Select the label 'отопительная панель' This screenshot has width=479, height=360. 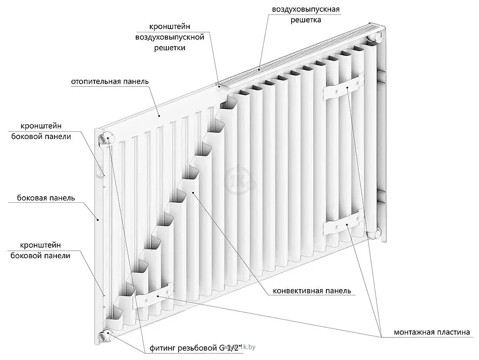(x=110, y=81)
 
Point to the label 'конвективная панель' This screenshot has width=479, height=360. (x=312, y=291)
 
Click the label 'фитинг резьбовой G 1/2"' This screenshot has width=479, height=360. (x=196, y=348)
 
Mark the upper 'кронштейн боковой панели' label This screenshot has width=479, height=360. (x=46, y=131)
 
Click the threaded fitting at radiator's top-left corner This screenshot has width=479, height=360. (x=104, y=138)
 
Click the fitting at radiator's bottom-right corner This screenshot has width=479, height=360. (x=376, y=232)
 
